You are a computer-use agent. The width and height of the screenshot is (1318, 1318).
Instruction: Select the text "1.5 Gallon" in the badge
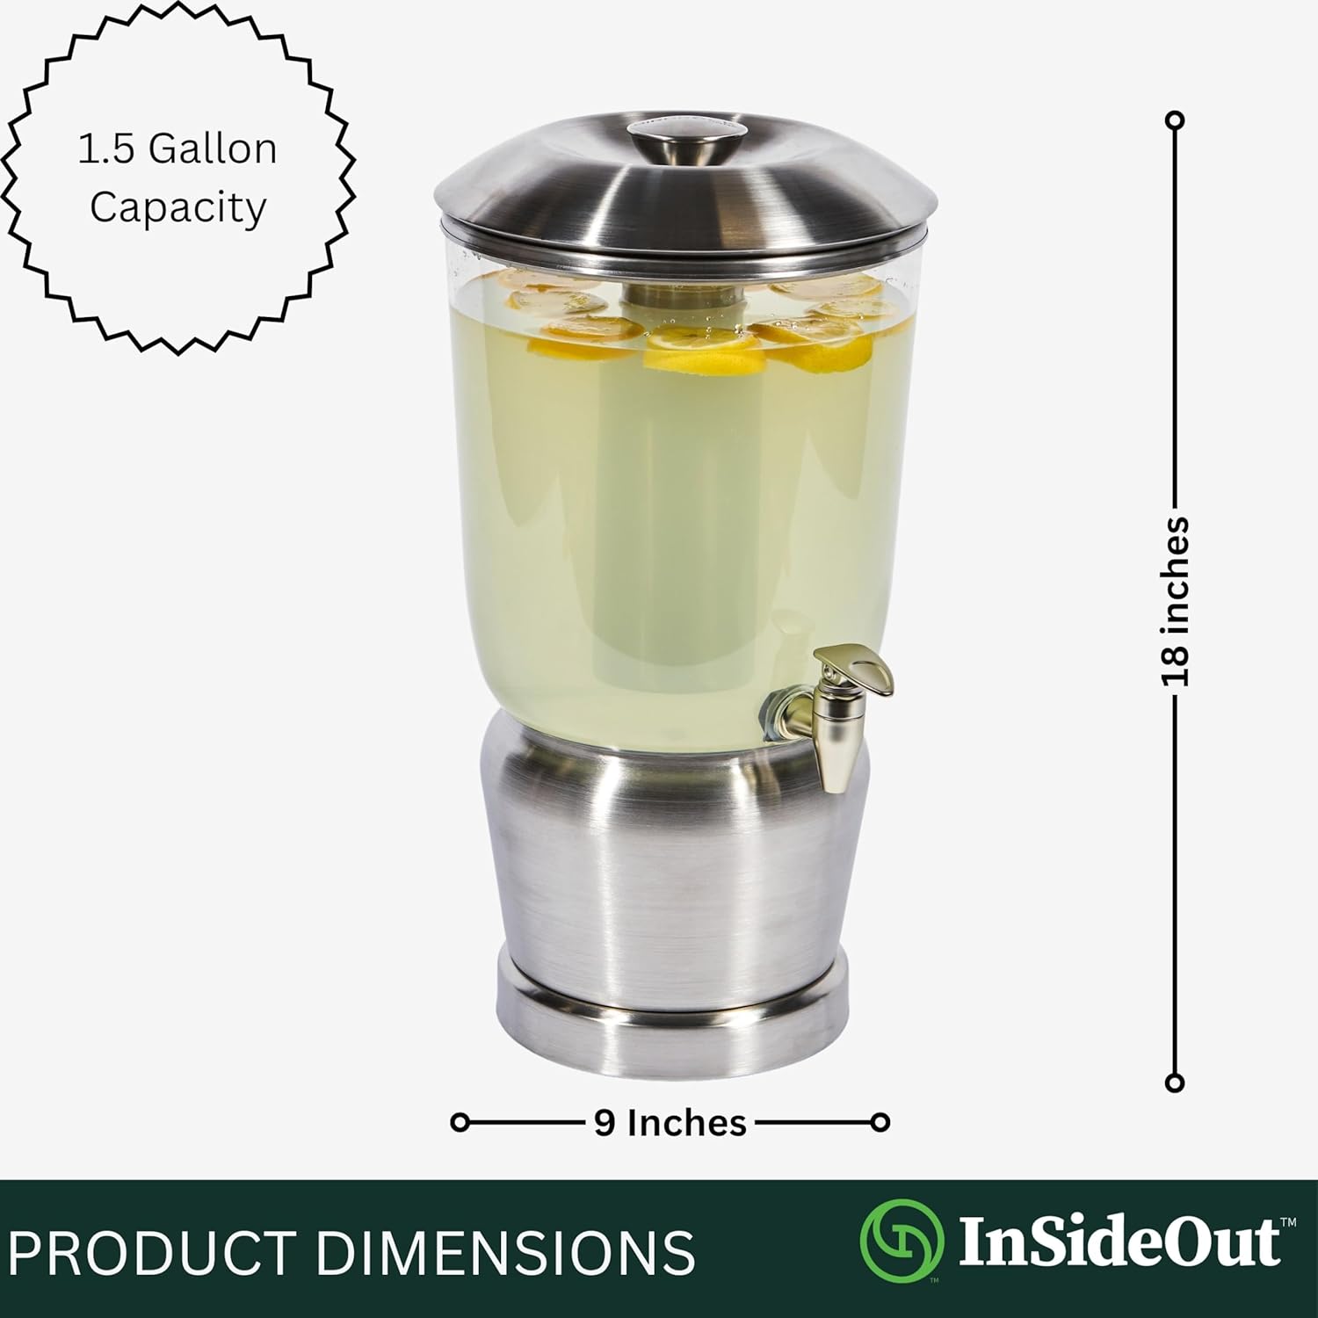(x=177, y=148)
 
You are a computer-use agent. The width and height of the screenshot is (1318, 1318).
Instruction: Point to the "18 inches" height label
(x=1175, y=601)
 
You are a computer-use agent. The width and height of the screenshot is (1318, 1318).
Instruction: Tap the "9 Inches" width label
(x=670, y=1123)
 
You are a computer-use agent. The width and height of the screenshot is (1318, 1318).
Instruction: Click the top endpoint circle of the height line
(x=1175, y=120)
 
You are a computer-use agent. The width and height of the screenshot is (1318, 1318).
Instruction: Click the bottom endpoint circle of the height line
(x=1175, y=1083)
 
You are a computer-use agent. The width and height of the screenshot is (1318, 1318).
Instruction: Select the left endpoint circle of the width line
(x=460, y=1122)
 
